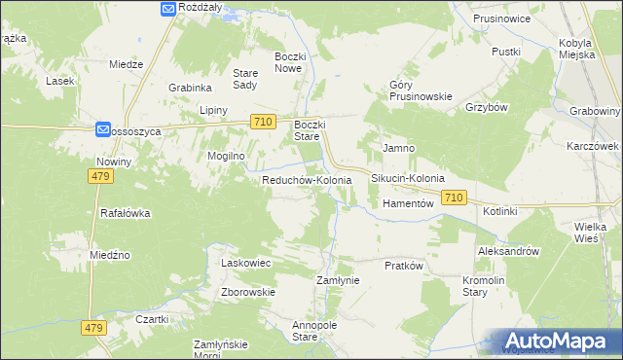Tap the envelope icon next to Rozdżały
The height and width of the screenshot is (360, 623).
point(167,8)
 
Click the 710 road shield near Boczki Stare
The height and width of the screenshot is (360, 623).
point(261,122)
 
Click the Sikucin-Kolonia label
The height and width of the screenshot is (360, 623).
point(408,179)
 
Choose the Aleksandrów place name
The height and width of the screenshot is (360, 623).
point(508,251)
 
